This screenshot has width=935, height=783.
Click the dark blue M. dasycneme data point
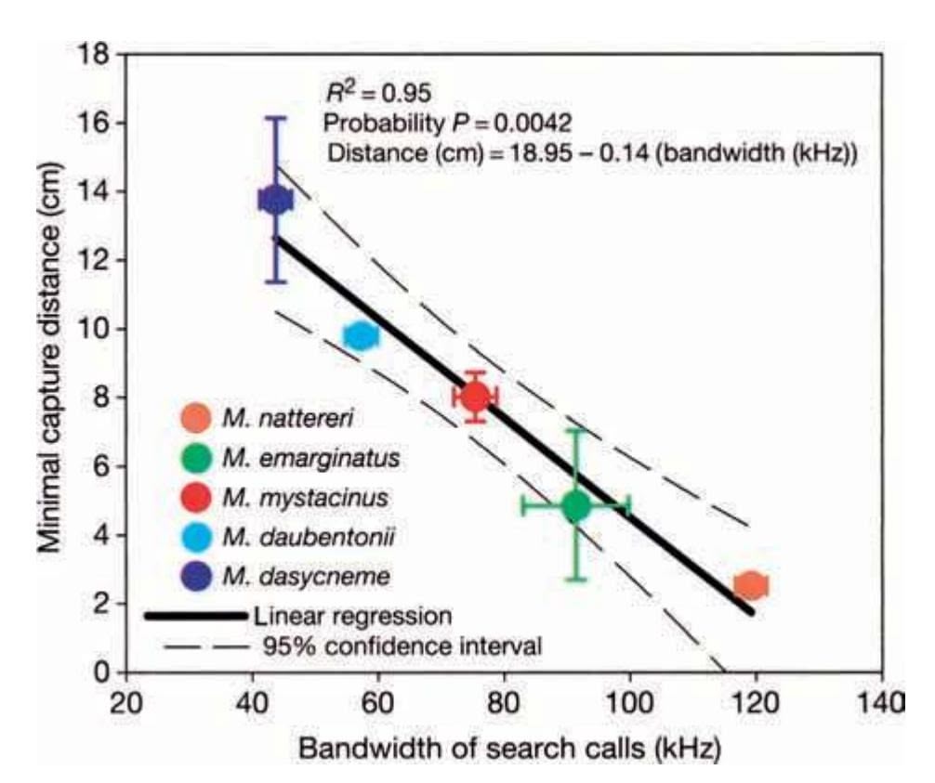(x=275, y=200)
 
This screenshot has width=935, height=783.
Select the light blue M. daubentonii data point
(x=360, y=336)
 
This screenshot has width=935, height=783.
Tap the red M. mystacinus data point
(x=476, y=397)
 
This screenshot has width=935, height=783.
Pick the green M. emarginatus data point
(x=576, y=506)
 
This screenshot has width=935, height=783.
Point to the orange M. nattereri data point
(x=750, y=585)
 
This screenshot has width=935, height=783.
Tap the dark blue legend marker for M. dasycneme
(x=196, y=576)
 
